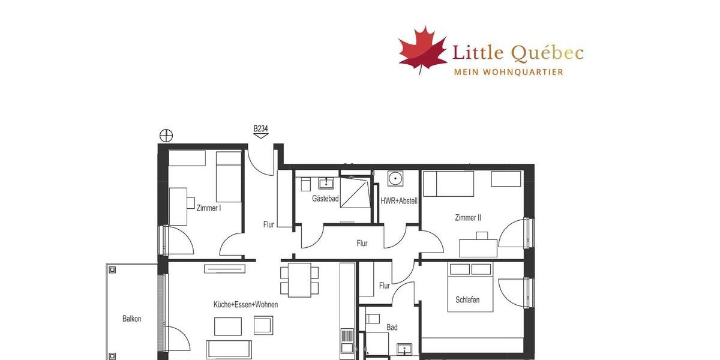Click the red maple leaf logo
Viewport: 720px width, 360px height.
423,49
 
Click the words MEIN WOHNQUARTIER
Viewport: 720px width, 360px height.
508,72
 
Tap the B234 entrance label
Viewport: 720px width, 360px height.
260,128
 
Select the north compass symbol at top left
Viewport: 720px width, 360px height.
166,136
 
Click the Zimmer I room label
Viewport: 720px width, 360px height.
209,208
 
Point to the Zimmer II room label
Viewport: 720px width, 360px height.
468,218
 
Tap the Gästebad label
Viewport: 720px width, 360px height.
325,199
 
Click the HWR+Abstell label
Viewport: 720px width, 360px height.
398,201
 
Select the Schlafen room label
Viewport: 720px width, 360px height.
467,300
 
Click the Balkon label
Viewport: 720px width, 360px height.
131,319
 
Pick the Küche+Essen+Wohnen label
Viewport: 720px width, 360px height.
245,305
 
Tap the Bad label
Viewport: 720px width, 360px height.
392,328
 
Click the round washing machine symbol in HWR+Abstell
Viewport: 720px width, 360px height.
395,178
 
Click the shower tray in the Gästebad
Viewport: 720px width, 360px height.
355,192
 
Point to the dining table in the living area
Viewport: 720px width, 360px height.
299,280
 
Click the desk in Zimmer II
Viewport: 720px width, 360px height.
478,248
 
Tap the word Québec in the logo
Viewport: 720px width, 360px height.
547,53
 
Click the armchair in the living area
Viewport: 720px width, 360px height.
263,325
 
